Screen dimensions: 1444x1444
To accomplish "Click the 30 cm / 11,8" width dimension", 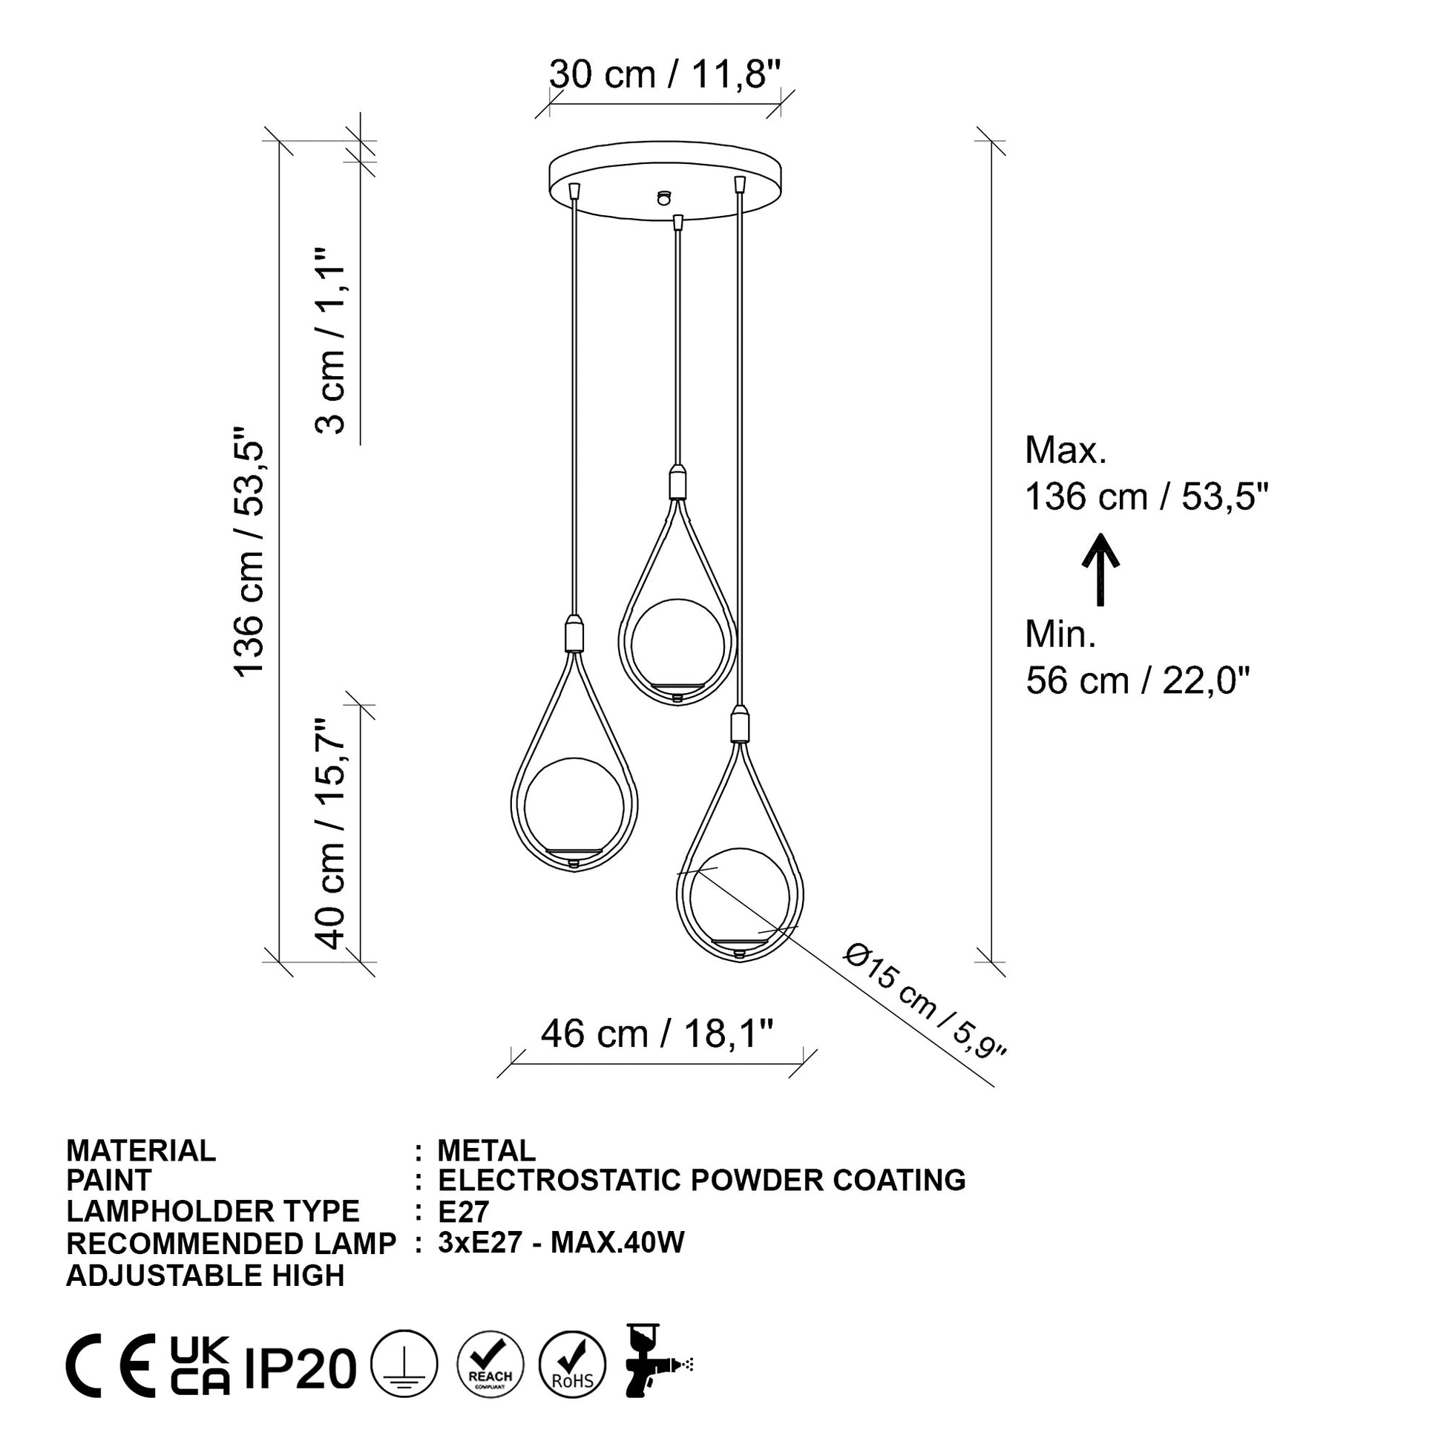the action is coord(664,75).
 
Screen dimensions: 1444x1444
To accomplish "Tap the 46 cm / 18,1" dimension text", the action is coord(656,1034).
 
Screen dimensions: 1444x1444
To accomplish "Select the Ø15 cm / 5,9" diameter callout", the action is coord(925,1001).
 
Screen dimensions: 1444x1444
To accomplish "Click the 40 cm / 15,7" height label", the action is coord(330,834).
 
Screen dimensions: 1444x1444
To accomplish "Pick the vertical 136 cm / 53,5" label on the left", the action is coord(249,552).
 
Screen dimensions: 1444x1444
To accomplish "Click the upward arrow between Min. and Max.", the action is coord(1101,570).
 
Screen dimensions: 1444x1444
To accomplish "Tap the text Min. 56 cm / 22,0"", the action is coord(1138,657).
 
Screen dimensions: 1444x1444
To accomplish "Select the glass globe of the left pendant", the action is coord(574,806).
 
